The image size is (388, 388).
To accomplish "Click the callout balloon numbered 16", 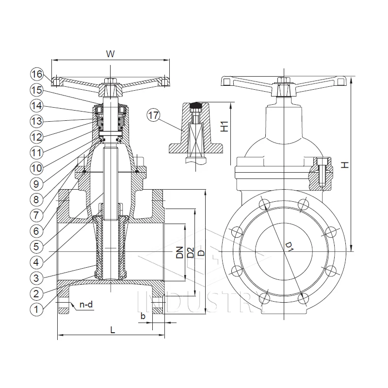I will (x=37, y=74).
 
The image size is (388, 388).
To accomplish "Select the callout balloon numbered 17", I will (x=154, y=115).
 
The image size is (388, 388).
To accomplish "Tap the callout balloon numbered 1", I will (x=37, y=308).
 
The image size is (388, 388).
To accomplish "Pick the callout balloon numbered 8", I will (x=37, y=199).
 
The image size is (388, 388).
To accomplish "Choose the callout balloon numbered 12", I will (x=37, y=137).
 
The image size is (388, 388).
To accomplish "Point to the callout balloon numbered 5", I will (x=37, y=246).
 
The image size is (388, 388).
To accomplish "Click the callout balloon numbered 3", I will (x=37, y=277).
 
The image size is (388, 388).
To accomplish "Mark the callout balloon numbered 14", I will (x=37, y=106).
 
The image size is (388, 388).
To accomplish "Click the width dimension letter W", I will (x=111, y=54).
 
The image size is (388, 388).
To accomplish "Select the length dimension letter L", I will (x=112, y=330).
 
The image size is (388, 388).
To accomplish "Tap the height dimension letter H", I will (x=344, y=165).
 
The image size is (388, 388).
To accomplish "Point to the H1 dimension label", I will (x=225, y=127).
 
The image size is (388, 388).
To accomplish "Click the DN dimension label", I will (x=179, y=252).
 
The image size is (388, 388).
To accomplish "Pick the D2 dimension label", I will (x=191, y=252).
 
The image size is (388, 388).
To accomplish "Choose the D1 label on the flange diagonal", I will (x=290, y=246).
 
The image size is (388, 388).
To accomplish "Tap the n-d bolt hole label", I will (x=86, y=305).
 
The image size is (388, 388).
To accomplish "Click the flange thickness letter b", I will (x=143, y=316).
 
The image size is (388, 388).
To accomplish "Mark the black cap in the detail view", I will (x=196, y=105).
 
